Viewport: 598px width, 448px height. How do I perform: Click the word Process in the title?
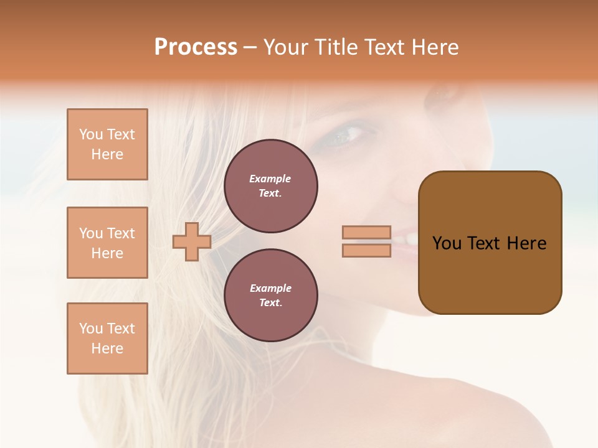pos(196,47)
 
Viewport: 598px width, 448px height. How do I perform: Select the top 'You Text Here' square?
pos(107,144)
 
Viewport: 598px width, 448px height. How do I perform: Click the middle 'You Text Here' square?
pos(107,243)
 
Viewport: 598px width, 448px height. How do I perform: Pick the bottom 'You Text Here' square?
pos(107,338)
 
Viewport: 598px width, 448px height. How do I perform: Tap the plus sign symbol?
pos(192,241)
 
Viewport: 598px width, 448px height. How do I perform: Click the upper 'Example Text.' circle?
pos(271,186)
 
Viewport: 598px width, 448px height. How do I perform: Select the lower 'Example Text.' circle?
pos(271,296)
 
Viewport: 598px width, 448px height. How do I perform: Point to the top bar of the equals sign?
pos(366,233)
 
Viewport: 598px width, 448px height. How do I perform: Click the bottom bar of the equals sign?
pos(366,250)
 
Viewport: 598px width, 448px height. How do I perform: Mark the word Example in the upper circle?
pos(270,179)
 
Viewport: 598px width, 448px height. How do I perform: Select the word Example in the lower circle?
pos(270,288)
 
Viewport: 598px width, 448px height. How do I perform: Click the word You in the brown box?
pos(447,243)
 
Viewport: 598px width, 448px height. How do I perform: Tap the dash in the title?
pos(250,48)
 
